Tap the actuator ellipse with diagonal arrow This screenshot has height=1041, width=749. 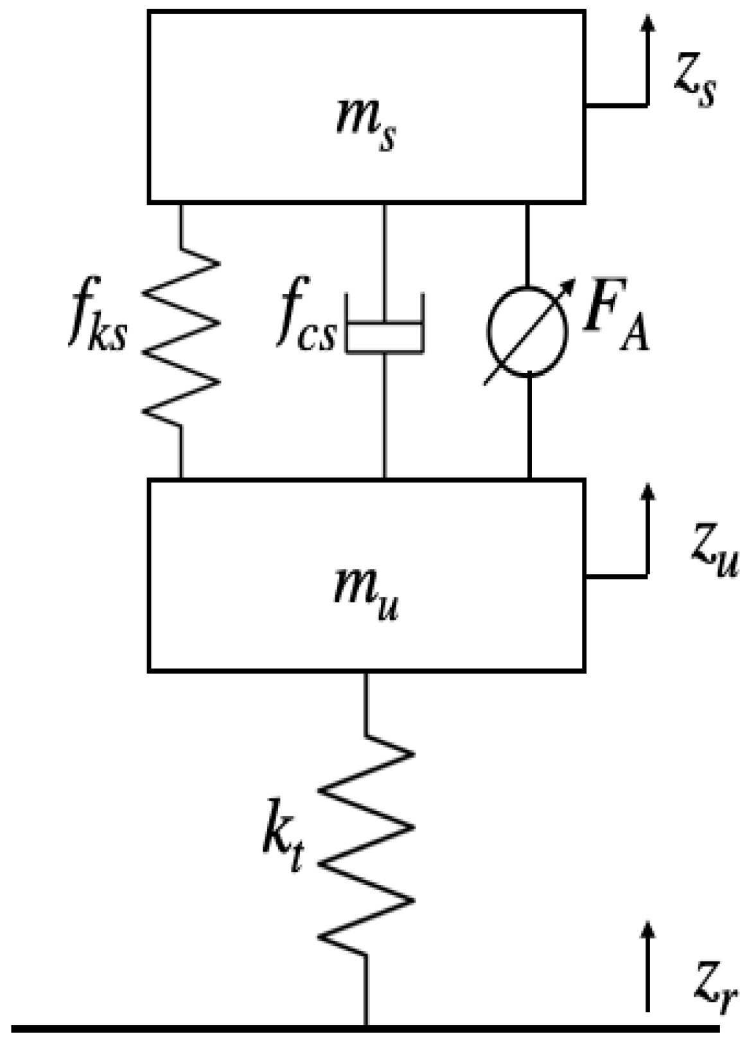(x=528, y=331)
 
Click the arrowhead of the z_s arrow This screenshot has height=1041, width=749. (x=648, y=23)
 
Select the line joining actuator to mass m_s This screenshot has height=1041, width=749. (x=528, y=244)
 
